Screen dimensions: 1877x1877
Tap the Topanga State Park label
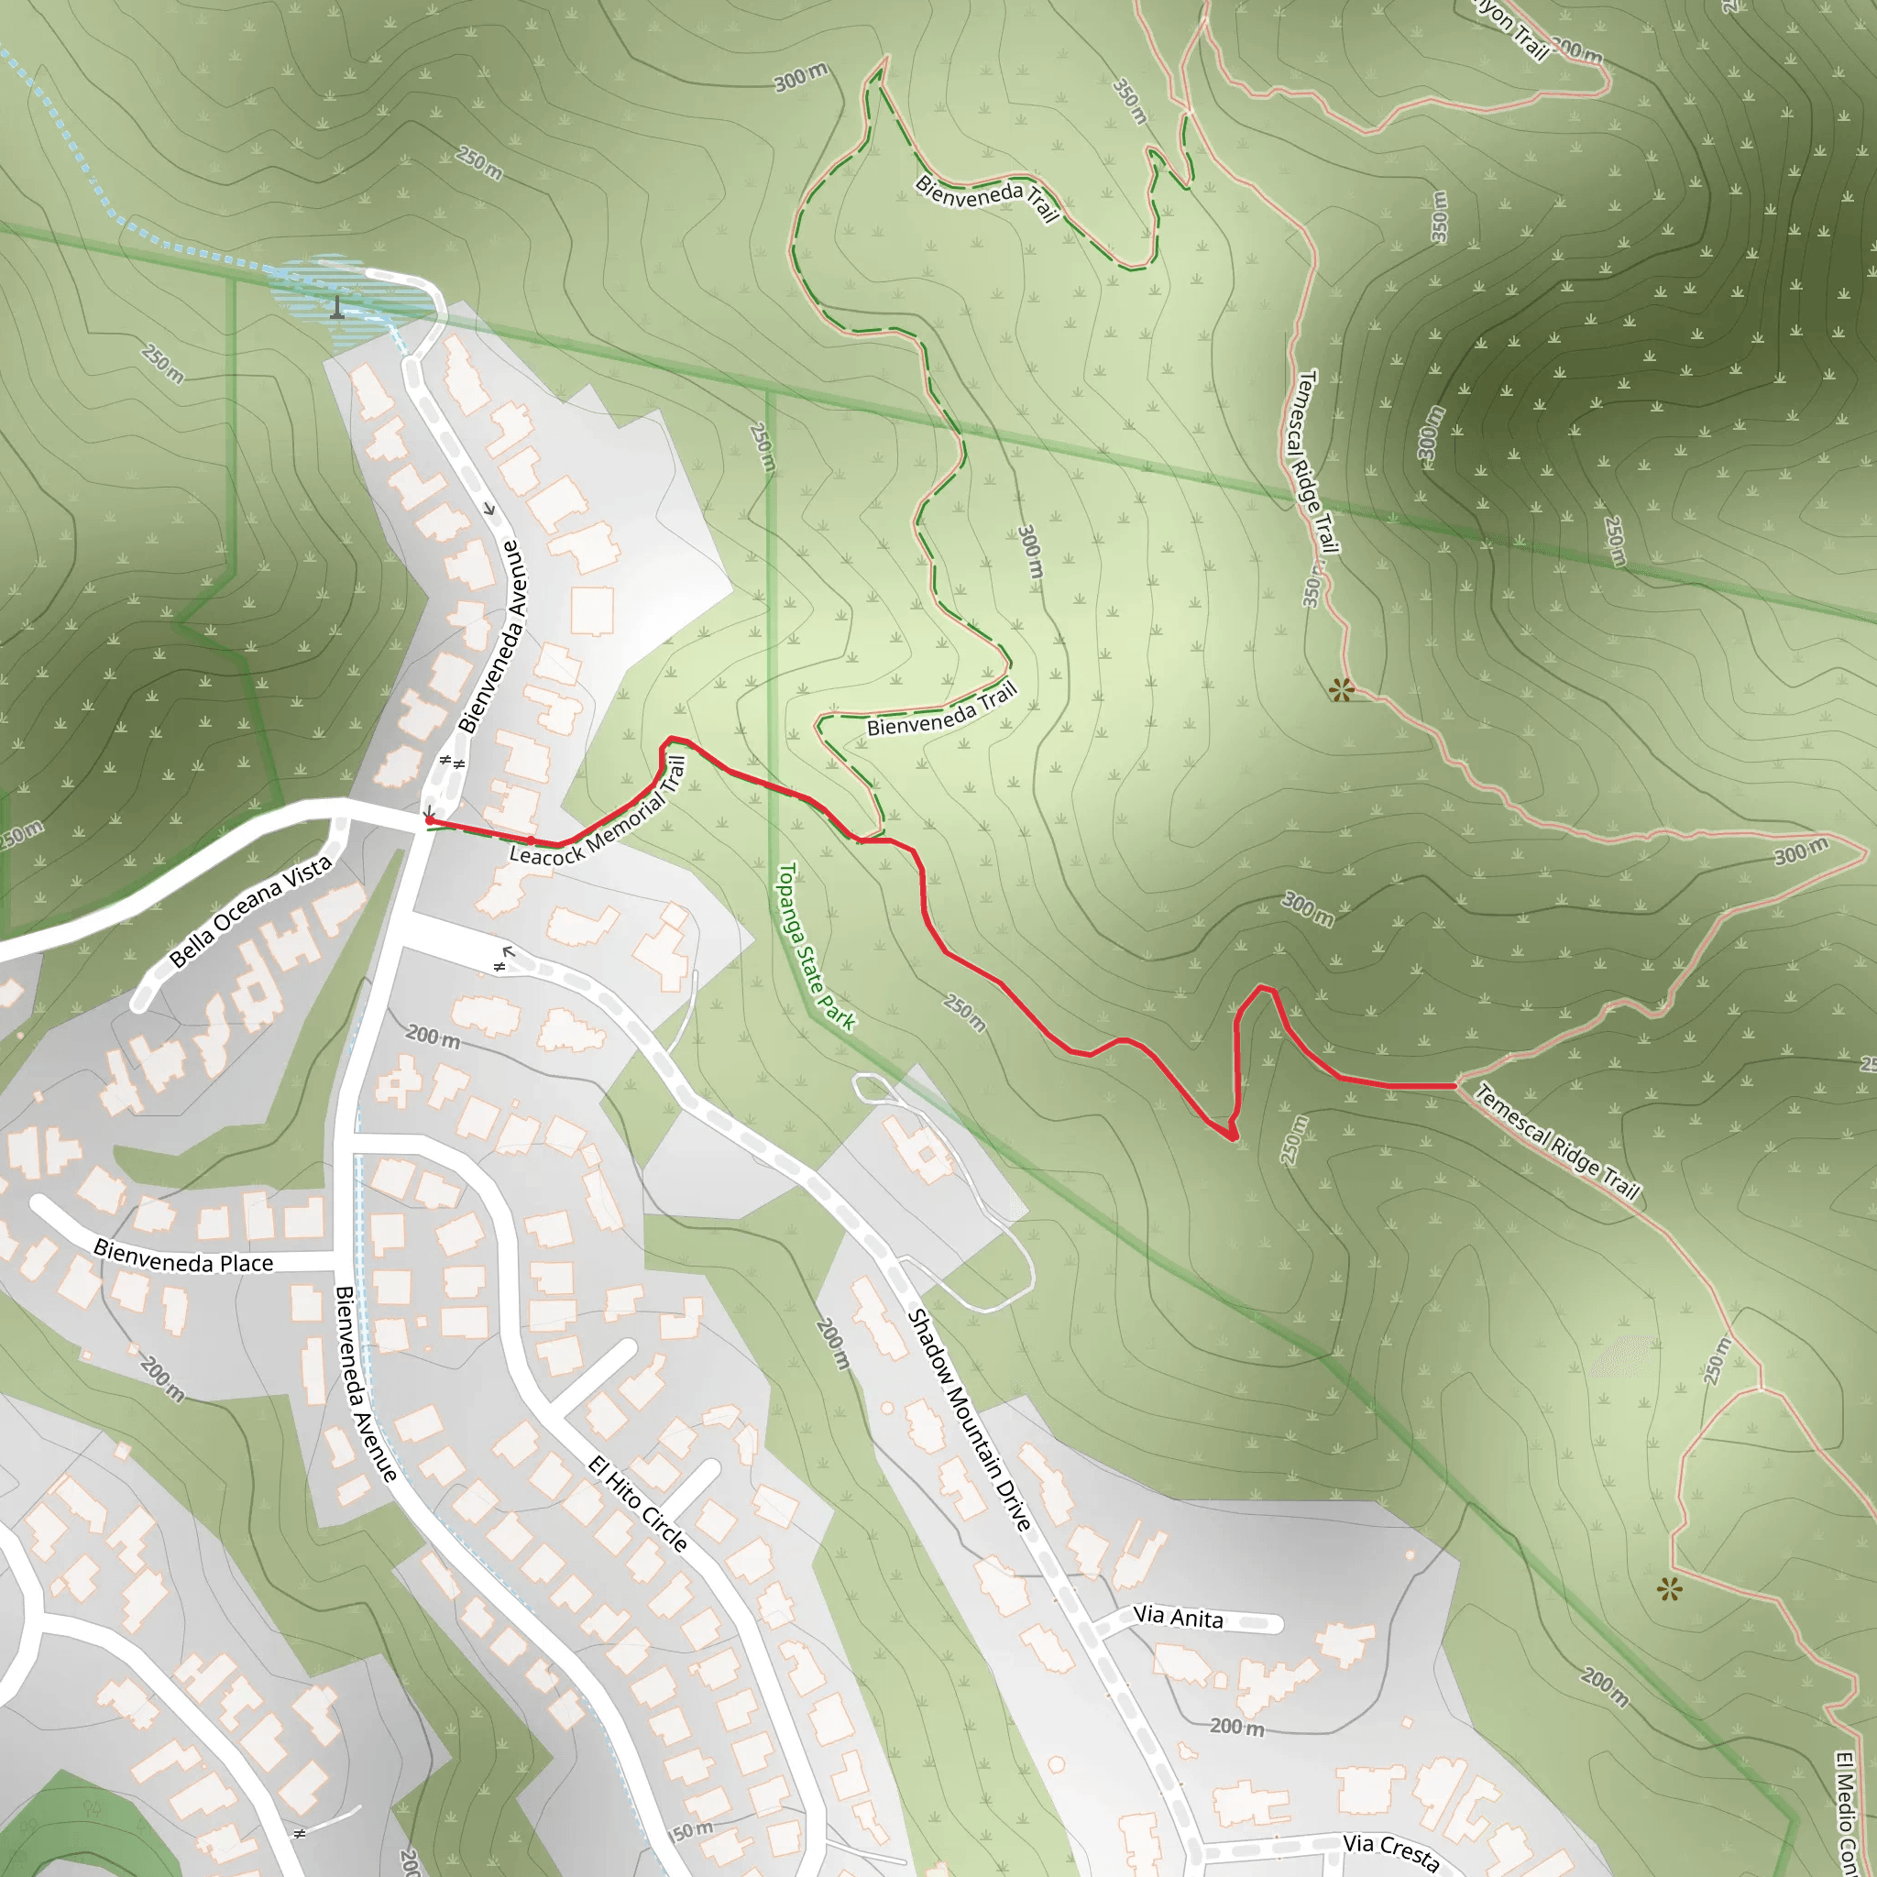point(816,946)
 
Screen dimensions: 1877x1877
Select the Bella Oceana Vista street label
point(250,911)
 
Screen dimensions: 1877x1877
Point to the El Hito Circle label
point(638,1504)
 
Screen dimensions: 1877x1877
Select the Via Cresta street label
point(1390,1850)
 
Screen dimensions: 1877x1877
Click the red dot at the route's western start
point(430,821)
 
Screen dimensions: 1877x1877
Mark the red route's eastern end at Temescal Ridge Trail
point(1455,1085)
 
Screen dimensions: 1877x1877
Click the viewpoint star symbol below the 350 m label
point(1342,690)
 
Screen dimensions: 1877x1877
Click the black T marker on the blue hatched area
point(337,308)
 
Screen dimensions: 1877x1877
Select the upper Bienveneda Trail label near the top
point(987,199)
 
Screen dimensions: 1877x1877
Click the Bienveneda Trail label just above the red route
point(941,709)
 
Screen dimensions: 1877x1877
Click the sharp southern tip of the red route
point(1234,1138)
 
